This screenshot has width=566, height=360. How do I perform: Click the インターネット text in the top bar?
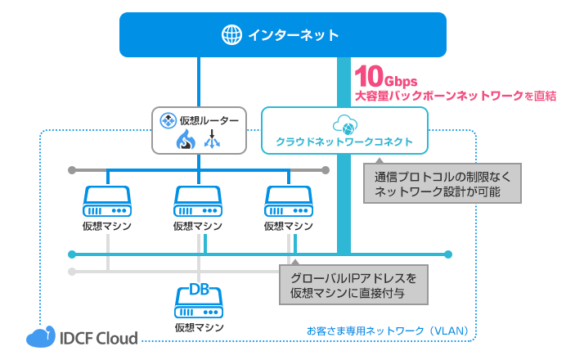[x=293, y=34]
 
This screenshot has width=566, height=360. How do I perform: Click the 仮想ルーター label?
[x=209, y=121]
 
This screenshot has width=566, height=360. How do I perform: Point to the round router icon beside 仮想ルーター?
[x=168, y=121]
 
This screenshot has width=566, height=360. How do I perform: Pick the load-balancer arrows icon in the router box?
[x=213, y=141]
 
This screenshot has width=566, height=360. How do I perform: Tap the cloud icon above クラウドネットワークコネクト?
[x=344, y=125]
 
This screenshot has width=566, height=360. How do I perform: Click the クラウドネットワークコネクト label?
[x=344, y=142]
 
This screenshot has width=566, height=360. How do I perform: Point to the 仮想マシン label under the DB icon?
[x=198, y=327]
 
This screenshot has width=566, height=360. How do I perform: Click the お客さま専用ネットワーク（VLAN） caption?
[x=388, y=331]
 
